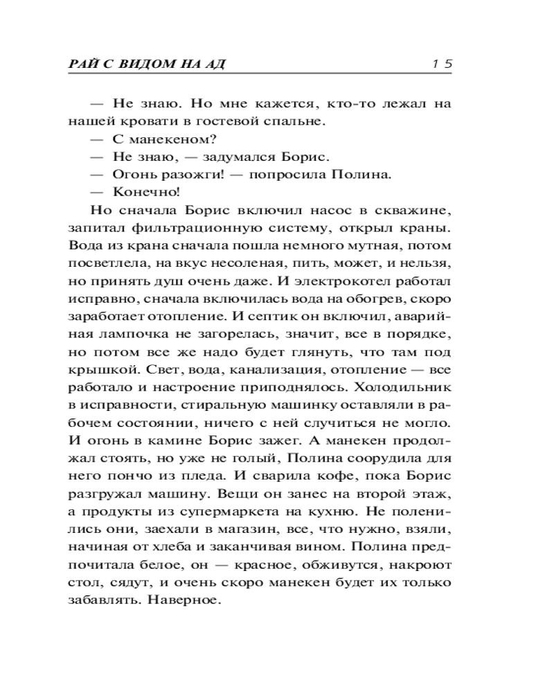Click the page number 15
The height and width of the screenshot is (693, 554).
(x=441, y=64)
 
